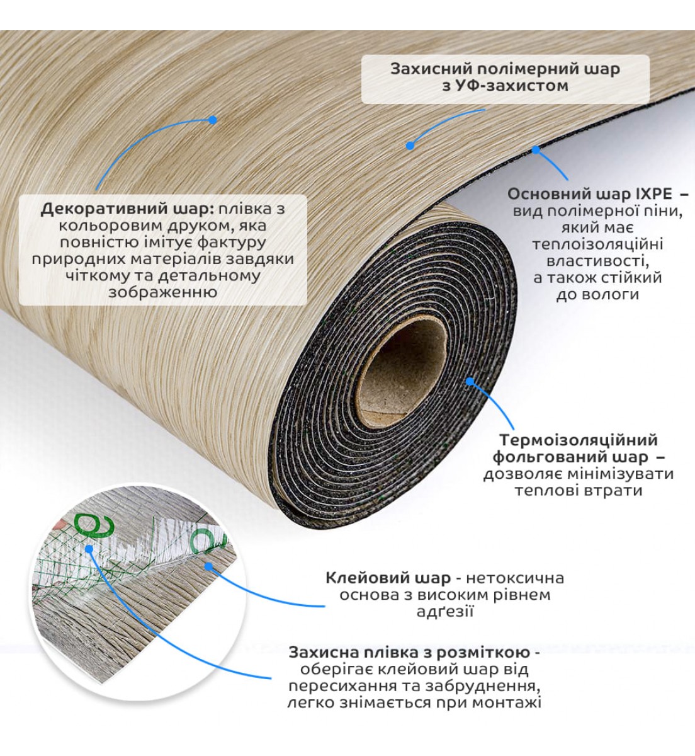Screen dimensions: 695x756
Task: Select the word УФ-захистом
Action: (x=512, y=86)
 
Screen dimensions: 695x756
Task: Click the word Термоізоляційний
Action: (x=579, y=440)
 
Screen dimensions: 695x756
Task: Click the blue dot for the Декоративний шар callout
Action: (x=213, y=120)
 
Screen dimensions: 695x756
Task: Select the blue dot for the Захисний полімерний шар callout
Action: (x=410, y=145)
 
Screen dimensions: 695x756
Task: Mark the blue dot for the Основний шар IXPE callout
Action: (x=536, y=150)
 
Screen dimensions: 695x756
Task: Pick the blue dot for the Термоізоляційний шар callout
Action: (x=470, y=381)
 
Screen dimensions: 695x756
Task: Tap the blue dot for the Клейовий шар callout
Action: (x=208, y=566)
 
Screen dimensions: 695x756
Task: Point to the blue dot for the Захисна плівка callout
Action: (x=89, y=548)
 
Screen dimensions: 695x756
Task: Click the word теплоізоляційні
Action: (x=598, y=244)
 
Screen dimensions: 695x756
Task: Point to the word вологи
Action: (x=598, y=295)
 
